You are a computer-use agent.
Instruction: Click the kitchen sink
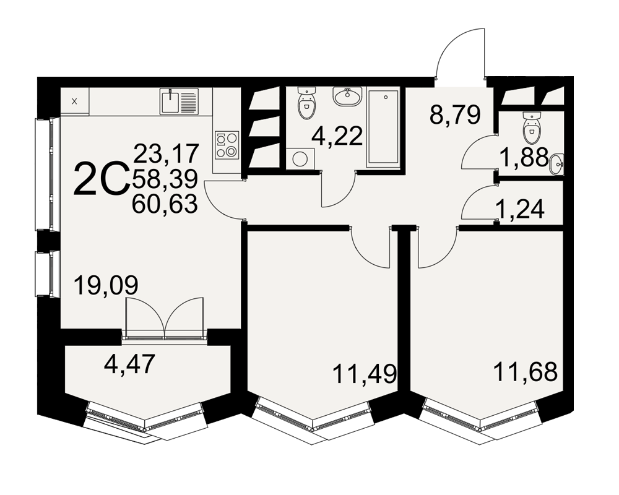click(x=179, y=101)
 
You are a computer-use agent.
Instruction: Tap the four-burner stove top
click(x=227, y=145)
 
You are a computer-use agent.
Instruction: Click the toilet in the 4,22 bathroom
click(x=306, y=103)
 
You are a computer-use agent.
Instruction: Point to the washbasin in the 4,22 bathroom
click(x=347, y=97)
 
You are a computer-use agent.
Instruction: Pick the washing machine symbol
click(x=300, y=158)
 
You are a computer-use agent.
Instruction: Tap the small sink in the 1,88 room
click(x=557, y=163)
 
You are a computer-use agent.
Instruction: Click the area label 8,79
click(x=455, y=114)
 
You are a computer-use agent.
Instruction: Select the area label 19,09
click(x=106, y=285)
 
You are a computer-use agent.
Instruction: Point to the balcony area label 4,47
click(x=129, y=364)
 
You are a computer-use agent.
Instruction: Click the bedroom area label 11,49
click(x=365, y=374)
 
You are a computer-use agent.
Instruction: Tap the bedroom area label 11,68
click(x=526, y=371)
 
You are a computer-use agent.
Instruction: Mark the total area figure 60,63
click(x=165, y=204)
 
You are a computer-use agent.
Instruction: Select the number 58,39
click(x=165, y=179)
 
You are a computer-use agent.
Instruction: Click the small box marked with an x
click(x=75, y=101)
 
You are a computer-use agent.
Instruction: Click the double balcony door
click(x=164, y=319)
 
